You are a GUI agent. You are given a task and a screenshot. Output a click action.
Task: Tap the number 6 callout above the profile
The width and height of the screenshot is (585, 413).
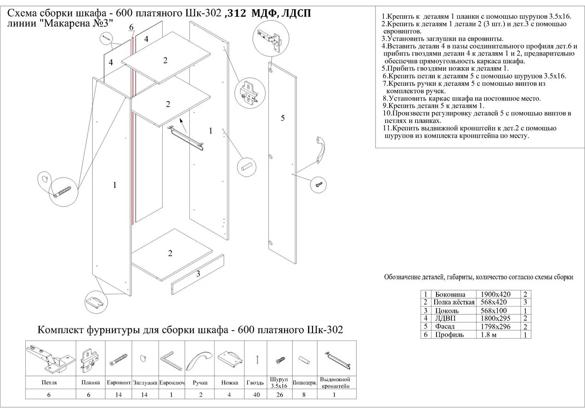[x=131, y=28]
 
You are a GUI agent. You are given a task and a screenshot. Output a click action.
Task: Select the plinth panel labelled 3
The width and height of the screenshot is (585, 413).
[x=198, y=275]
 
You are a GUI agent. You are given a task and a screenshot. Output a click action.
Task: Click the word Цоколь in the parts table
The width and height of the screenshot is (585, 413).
[x=447, y=311]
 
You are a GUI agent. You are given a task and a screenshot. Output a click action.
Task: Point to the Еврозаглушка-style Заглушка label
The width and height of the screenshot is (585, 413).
[x=145, y=382]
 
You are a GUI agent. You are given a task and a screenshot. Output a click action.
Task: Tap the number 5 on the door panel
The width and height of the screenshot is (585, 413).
[x=283, y=118]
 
